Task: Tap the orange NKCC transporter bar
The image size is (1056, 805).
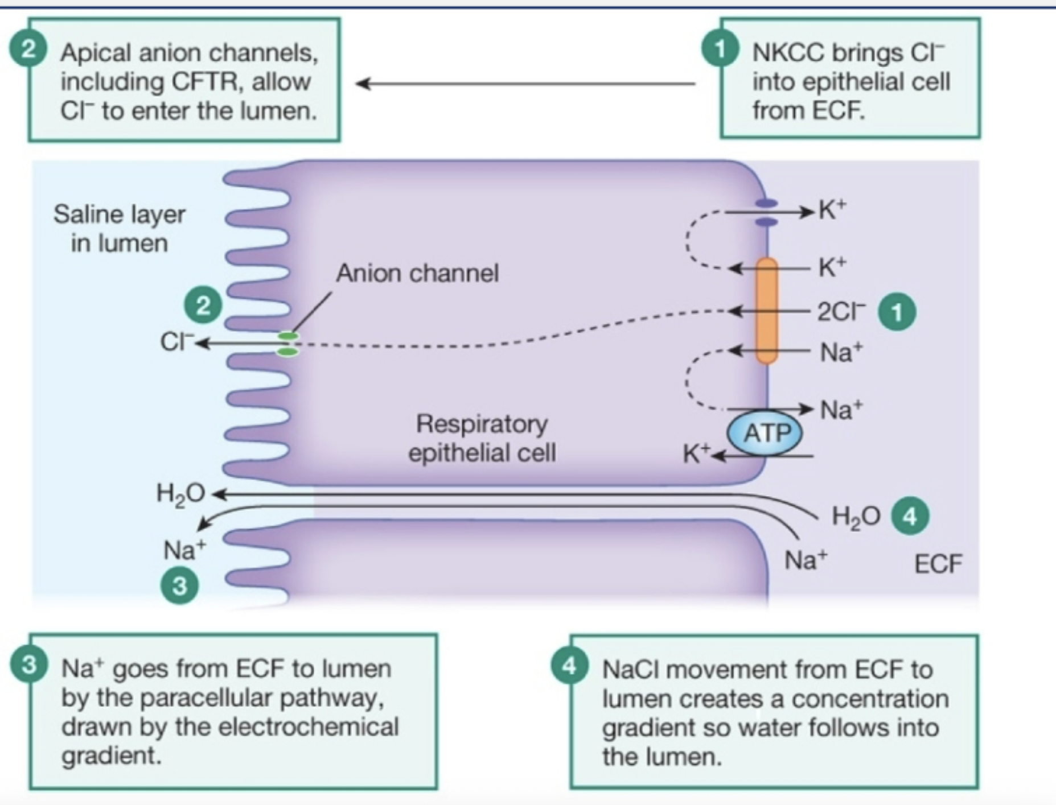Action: coord(767,311)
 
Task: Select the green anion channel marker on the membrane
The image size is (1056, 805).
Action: coord(288,344)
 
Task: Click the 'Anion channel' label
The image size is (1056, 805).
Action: coord(417,273)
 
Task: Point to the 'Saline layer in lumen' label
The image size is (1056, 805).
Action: coord(119,229)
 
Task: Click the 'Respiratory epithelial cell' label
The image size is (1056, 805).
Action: coord(482,438)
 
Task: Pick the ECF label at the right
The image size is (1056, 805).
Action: coord(938,564)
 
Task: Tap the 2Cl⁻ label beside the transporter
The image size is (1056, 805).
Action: coord(840,312)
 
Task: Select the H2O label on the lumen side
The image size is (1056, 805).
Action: coord(180,494)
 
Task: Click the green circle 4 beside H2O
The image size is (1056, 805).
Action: coord(910,516)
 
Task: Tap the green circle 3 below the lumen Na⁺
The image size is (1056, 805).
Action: coord(179,585)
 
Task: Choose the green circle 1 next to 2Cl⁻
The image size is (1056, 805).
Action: coord(897,312)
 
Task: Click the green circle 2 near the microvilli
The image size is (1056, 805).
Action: coord(203,306)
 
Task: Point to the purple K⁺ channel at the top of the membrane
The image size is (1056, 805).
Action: coord(766,212)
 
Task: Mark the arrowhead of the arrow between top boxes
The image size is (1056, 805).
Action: coord(362,84)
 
